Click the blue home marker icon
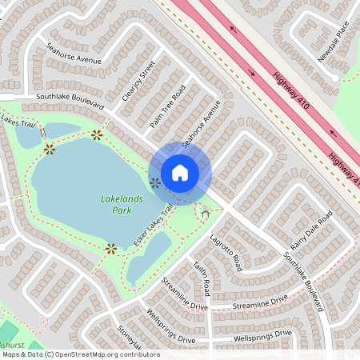[x=180, y=172]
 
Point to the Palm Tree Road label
[x=168, y=106]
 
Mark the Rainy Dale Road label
[x=313, y=232]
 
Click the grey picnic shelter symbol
[x=206, y=212]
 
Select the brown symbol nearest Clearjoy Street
[x=97, y=134]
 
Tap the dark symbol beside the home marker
[x=155, y=183]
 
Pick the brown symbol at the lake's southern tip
[x=111, y=248]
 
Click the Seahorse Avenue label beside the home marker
[x=200, y=129]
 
